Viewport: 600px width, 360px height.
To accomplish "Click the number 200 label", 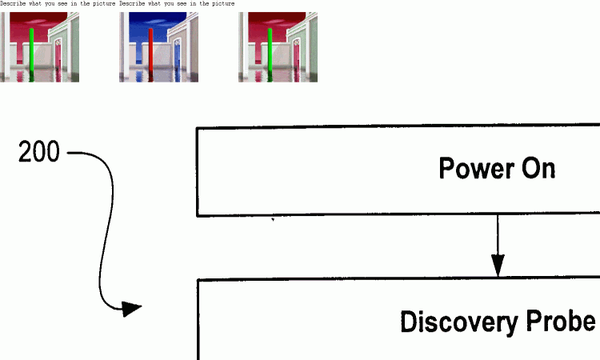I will click(x=39, y=152).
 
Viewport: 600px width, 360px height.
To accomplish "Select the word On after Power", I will click(x=538, y=169).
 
